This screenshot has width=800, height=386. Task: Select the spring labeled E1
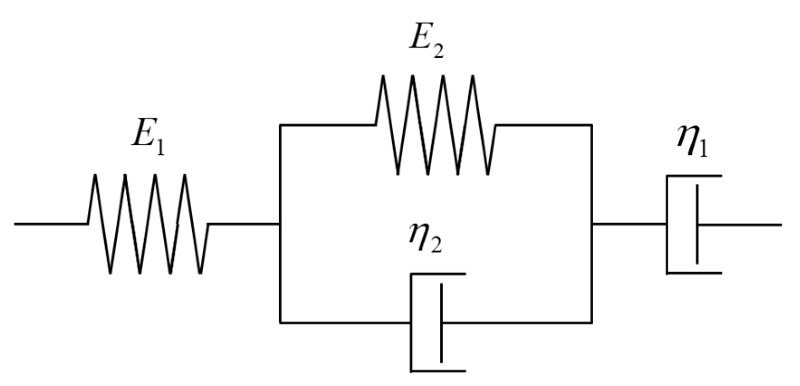click(x=148, y=224)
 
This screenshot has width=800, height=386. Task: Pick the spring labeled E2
click(x=435, y=124)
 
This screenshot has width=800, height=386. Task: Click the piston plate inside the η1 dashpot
click(x=697, y=224)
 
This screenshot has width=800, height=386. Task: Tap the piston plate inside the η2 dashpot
click(x=442, y=323)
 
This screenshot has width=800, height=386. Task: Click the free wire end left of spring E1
click(x=18, y=224)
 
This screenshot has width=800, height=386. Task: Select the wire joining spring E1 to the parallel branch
click(x=244, y=224)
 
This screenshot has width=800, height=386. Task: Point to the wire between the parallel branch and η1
click(x=629, y=224)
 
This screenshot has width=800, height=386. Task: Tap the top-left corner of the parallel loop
click(x=281, y=125)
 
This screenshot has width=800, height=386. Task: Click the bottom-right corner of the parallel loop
click(x=592, y=323)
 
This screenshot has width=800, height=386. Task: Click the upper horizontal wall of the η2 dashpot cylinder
click(x=438, y=274)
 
